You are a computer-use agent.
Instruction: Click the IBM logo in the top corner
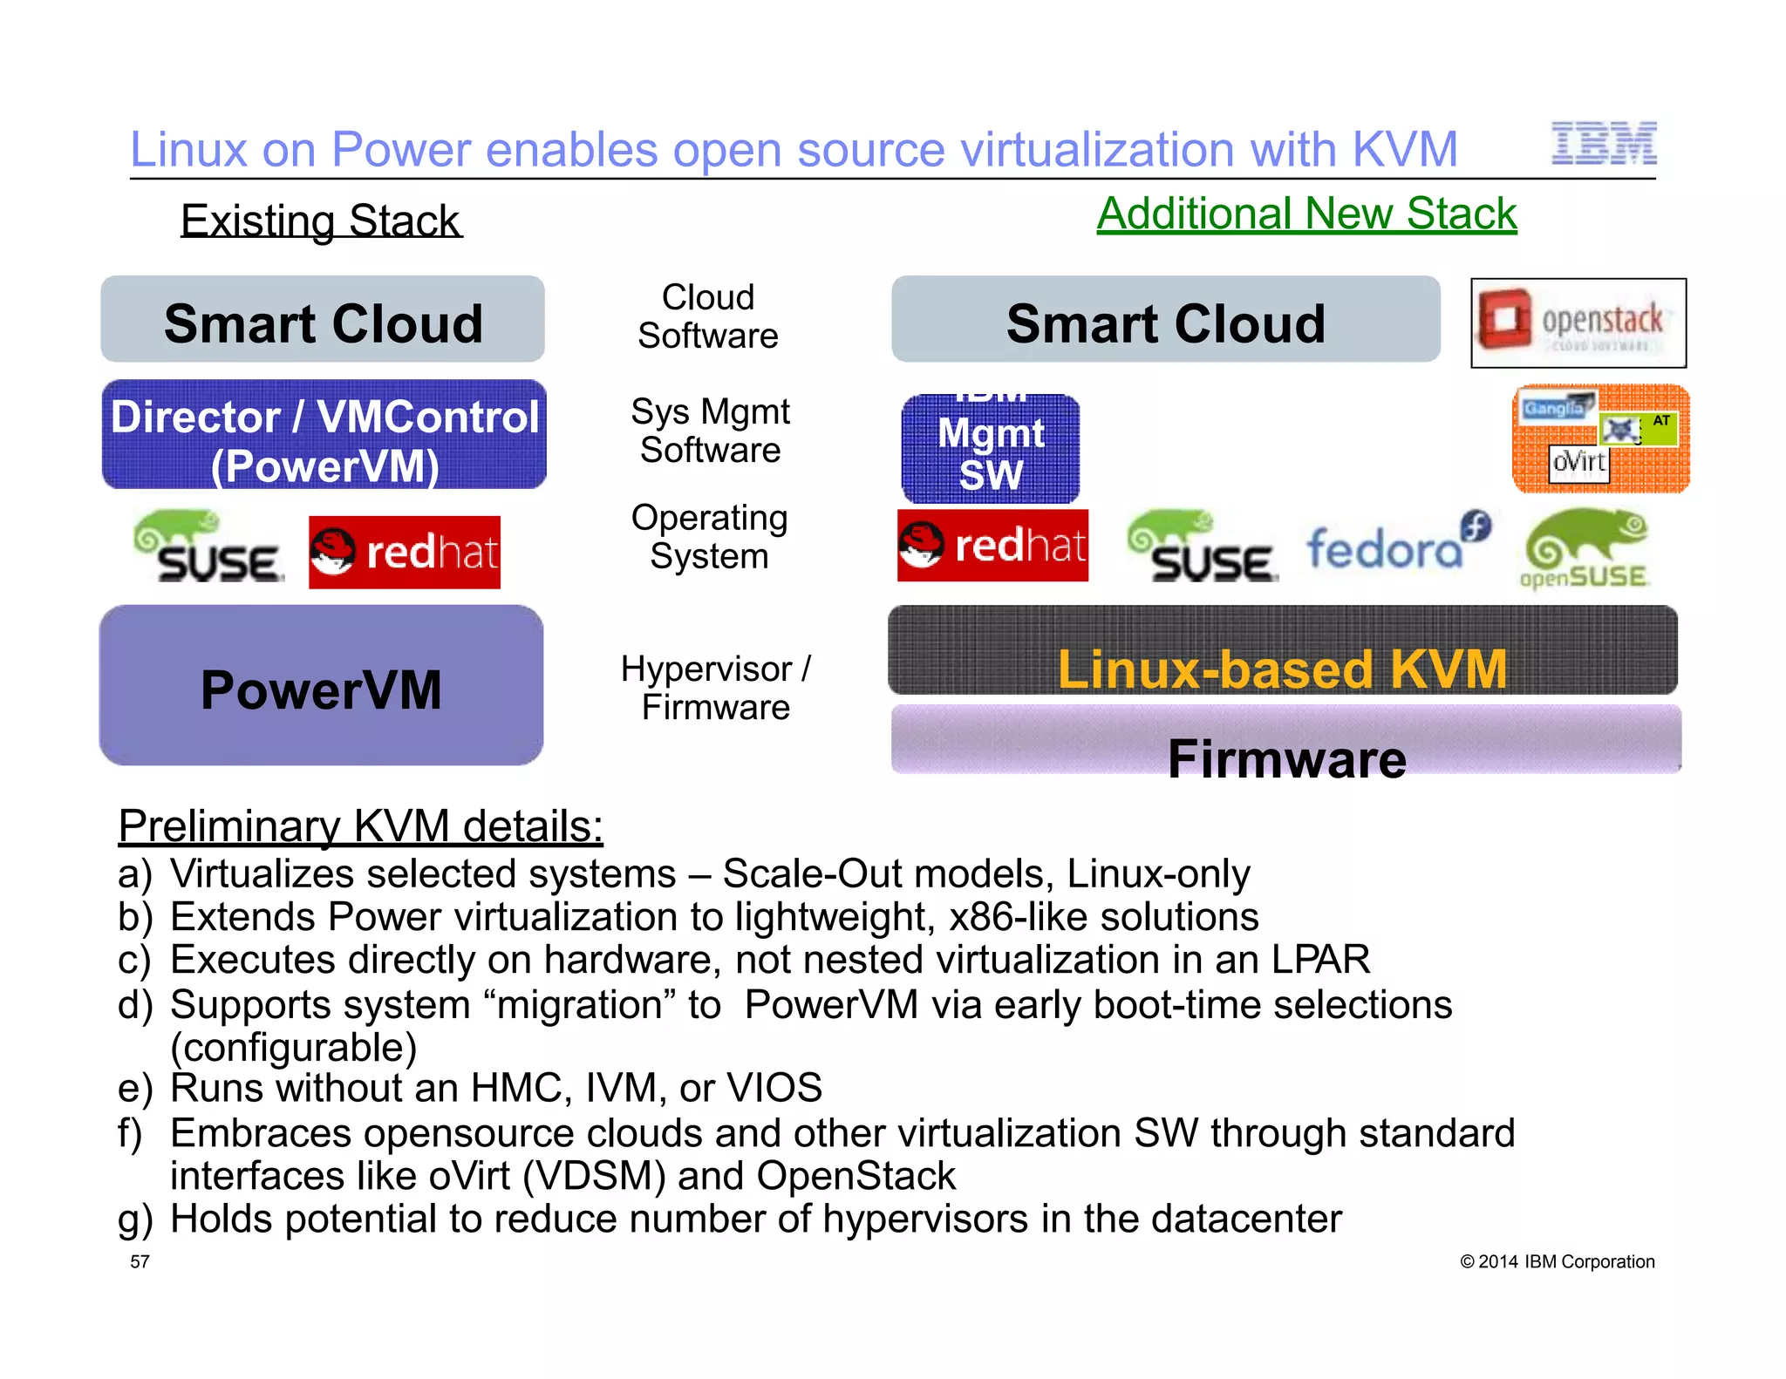tap(1603, 145)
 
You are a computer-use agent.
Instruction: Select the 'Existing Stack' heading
tap(320, 221)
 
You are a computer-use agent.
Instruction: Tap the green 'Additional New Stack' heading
tap(1306, 214)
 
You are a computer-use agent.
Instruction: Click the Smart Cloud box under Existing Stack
tap(323, 320)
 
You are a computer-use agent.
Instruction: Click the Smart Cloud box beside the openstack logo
tap(1165, 320)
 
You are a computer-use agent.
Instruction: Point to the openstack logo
tap(1578, 323)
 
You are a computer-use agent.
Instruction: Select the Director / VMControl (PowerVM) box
tap(324, 435)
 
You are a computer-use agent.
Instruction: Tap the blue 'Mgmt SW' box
tap(991, 449)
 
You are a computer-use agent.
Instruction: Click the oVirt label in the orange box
tap(1578, 461)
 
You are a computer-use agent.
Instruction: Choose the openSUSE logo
tap(1584, 550)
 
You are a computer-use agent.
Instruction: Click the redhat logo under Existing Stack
tap(405, 553)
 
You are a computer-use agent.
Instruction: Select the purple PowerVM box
tap(321, 686)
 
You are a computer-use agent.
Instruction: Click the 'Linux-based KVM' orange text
tap(1281, 669)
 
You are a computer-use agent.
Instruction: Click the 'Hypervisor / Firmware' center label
tap(715, 688)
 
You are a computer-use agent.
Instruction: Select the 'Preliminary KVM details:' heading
tap(360, 825)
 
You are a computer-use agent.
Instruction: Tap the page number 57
tap(140, 1261)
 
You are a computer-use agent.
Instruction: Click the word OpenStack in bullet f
tap(856, 1176)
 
